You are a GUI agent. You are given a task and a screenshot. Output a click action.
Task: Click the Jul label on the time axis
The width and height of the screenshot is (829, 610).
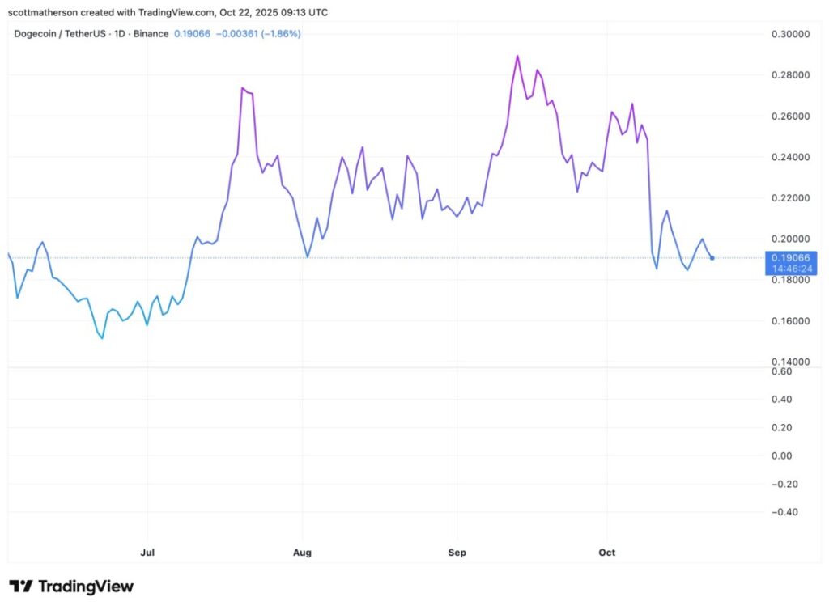pos(147,553)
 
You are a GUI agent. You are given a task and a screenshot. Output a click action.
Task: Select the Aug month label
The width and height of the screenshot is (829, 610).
pos(302,553)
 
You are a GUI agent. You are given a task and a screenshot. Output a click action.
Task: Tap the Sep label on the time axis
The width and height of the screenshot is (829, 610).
pos(457,553)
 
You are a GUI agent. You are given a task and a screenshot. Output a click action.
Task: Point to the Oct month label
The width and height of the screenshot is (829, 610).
pos(606,553)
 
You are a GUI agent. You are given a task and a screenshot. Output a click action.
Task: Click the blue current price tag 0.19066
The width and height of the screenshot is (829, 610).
pos(791,258)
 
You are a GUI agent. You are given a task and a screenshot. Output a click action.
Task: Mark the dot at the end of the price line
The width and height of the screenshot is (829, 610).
pos(712,258)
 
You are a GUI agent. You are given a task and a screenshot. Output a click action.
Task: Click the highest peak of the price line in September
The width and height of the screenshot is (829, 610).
pos(517,56)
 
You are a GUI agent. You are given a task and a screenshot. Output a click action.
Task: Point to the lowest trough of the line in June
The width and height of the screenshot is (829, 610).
pos(102,338)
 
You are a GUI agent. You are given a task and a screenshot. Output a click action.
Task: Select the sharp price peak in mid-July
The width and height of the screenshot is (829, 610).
pos(243,88)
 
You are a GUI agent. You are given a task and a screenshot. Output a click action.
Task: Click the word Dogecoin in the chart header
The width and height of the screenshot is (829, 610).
pos(36,34)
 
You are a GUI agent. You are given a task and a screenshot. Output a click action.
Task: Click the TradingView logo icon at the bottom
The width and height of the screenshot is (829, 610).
pos(21,587)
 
